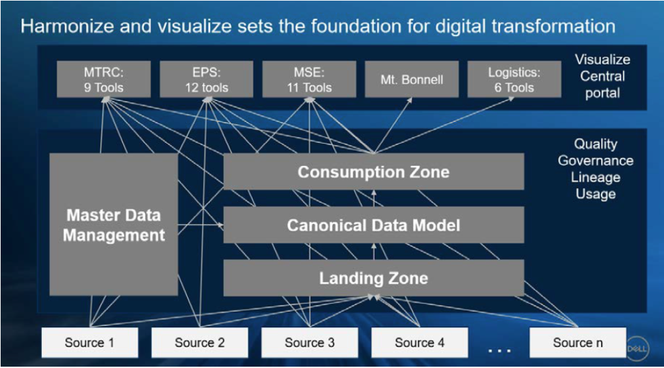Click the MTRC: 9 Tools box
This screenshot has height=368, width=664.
(104, 79)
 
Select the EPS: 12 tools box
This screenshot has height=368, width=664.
(207, 79)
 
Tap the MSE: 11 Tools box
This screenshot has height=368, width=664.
(309, 79)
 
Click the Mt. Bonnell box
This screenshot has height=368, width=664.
(412, 79)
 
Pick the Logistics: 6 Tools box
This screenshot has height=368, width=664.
(514, 79)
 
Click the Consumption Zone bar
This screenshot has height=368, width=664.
(373, 172)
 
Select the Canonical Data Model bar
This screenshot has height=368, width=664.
(373, 225)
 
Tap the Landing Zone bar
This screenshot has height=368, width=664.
(373, 278)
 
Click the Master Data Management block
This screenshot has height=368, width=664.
(114, 225)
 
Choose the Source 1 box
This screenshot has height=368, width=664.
(89, 343)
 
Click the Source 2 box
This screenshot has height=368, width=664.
(199, 343)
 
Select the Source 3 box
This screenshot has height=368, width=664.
(309, 343)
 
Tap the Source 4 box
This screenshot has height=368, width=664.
(419, 343)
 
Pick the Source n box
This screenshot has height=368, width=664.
(577, 343)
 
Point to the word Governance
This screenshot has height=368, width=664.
(596, 161)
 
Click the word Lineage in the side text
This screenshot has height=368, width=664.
(596, 178)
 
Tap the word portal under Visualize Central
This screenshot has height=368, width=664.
(602, 93)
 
